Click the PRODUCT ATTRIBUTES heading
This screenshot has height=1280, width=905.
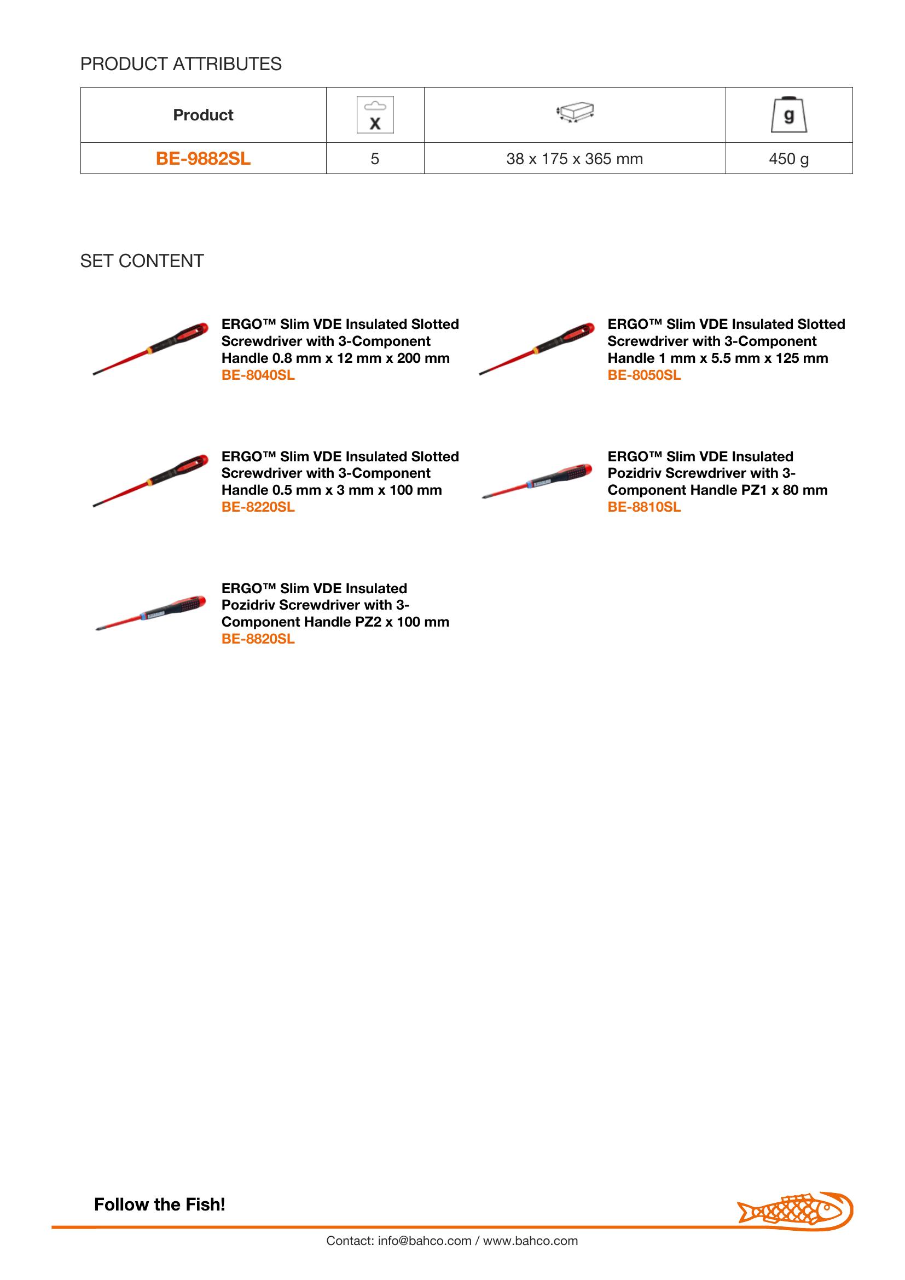click(x=181, y=64)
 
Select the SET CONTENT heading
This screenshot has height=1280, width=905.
click(x=142, y=261)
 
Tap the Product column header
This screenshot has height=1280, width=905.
click(x=203, y=115)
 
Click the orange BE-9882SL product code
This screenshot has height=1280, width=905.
click(x=203, y=159)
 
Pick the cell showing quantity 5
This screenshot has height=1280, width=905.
click(x=374, y=159)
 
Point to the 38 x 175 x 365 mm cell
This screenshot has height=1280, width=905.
click(x=574, y=159)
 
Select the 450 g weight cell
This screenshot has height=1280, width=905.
click(x=788, y=159)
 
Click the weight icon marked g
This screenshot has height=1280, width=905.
click(x=788, y=115)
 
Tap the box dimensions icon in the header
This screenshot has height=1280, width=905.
click(x=575, y=113)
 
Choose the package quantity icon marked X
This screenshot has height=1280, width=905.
click(x=375, y=115)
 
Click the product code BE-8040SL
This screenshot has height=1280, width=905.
click(x=258, y=375)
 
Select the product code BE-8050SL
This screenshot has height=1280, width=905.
click(x=644, y=375)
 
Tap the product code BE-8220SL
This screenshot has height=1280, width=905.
click(x=258, y=507)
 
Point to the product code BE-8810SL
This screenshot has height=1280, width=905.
click(x=644, y=507)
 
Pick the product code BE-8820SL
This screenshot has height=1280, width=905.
click(x=258, y=639)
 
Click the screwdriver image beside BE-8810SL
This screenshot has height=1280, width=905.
click(x=537, y=480)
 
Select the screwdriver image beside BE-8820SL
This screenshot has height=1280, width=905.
click(x=151, y=612)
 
